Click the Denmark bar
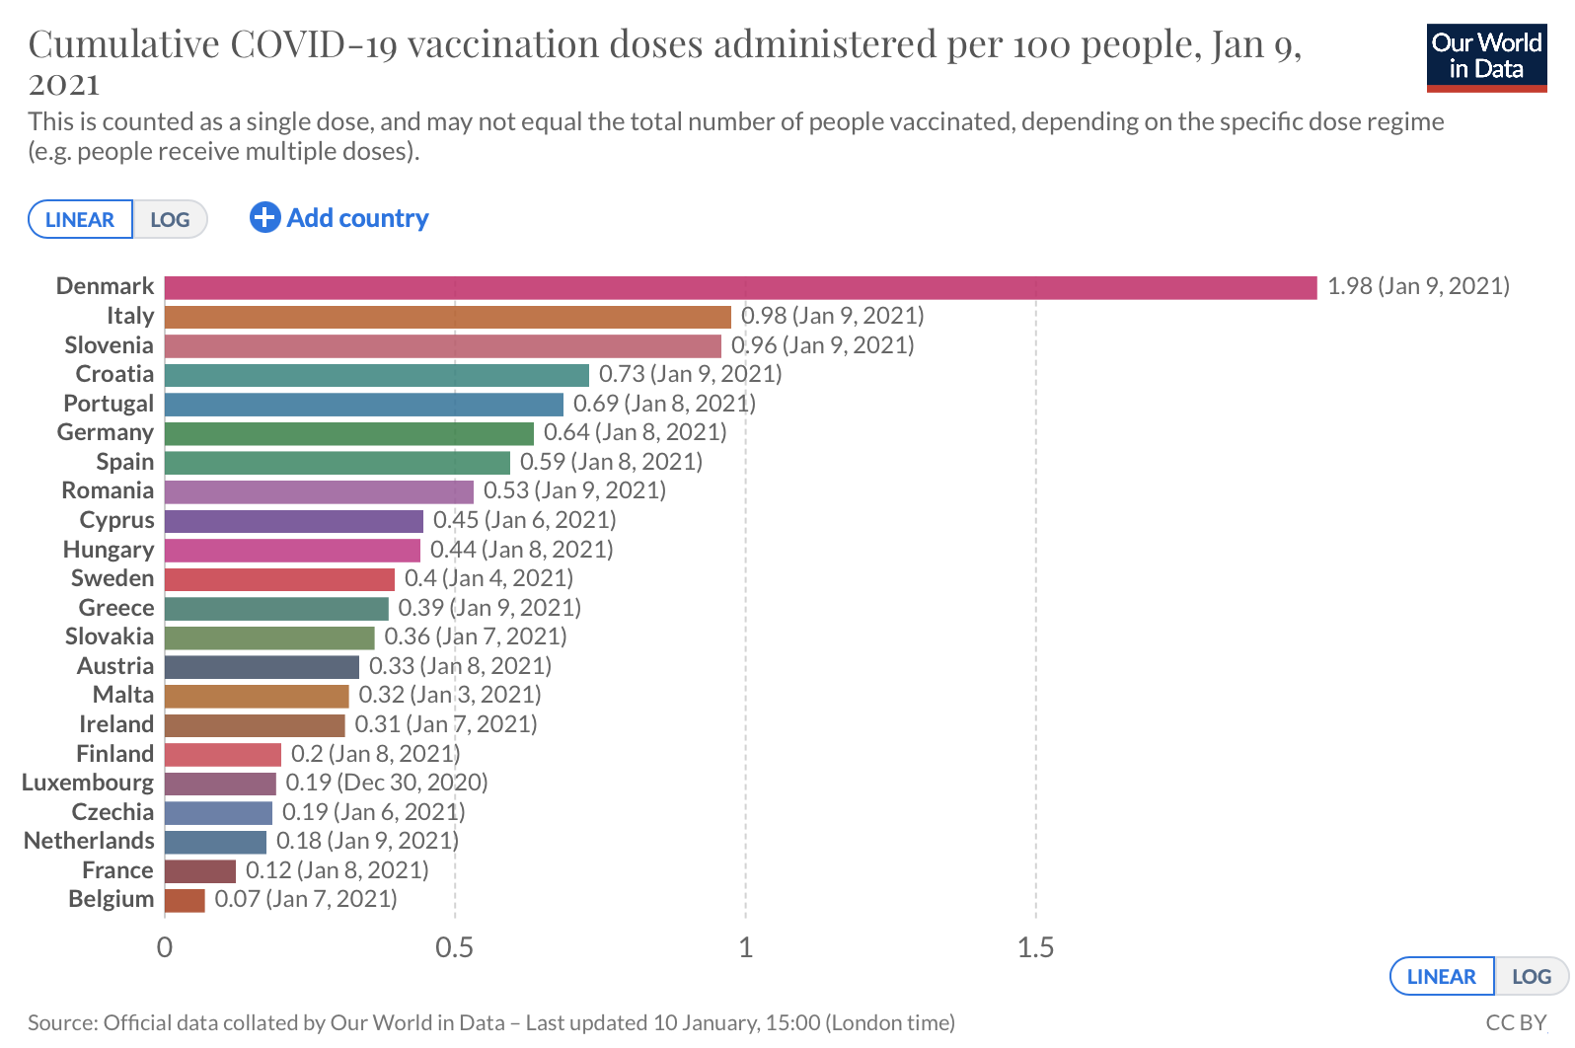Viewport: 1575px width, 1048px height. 740,287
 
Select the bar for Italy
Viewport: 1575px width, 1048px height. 447,317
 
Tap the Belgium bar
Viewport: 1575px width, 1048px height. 185,900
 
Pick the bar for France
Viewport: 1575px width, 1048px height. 200,871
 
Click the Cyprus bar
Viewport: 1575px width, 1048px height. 293,521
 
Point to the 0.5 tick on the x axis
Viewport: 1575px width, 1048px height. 454,948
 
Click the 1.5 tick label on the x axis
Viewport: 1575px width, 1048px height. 1035,948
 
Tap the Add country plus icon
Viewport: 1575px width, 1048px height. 264,217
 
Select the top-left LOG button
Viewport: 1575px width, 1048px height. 170,219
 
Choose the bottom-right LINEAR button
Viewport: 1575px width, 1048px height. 1441,977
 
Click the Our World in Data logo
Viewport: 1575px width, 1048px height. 1486,58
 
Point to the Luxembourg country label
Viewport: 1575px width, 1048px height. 88,784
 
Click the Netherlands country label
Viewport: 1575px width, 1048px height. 89,842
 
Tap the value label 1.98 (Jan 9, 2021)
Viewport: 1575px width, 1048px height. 1418,286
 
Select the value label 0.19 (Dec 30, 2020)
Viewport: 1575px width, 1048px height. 387,784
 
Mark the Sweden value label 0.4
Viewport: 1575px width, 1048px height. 488,578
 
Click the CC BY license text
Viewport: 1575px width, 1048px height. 1516,1023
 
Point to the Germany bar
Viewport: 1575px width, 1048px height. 348,433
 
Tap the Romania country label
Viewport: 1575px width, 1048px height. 108,491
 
